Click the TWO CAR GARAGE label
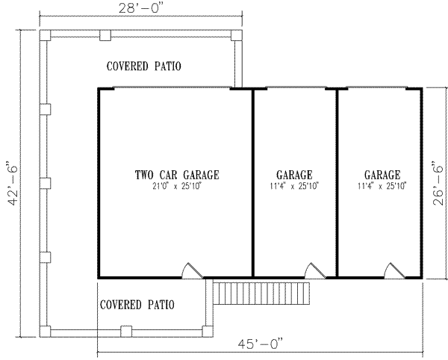177,175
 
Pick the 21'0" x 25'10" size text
177,187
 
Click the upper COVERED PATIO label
143,66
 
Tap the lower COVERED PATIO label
137,305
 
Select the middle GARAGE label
293,175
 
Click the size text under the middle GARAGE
293,187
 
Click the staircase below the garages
261,293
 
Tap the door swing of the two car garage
192,271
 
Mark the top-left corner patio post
44,35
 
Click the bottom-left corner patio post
44,329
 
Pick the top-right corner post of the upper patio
237,35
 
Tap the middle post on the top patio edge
105,35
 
